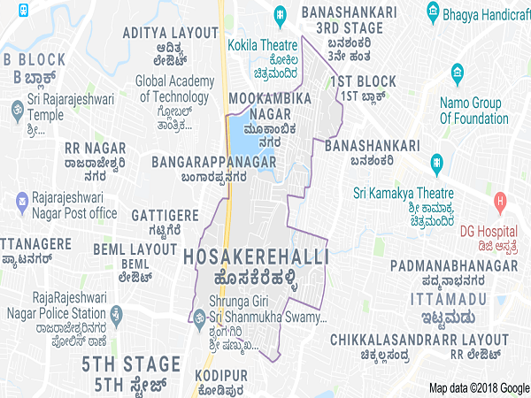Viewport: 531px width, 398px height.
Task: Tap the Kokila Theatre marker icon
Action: click(280, 14)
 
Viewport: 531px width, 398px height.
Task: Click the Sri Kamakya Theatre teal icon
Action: click(436, 163)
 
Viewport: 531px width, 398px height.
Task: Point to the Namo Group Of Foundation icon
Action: click(457, 71)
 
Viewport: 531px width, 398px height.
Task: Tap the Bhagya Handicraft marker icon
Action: click(433, 10)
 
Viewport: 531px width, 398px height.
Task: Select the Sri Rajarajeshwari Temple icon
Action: click(13, 110)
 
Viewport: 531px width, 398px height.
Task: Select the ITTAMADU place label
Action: click(448, 300)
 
